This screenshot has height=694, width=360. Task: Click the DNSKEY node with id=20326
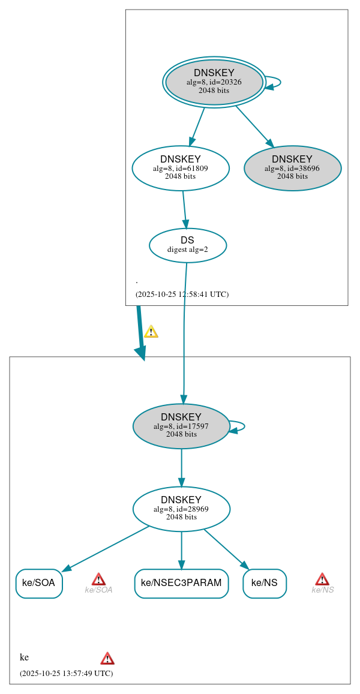point(214,82)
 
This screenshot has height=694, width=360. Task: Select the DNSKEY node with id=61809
point(181,168)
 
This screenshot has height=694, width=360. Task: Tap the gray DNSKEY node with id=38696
point(292,168)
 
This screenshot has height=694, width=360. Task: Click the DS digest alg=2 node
point(188,245)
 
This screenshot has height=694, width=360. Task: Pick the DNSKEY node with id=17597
point(181,426)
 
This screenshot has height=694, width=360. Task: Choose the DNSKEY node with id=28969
point(181,509)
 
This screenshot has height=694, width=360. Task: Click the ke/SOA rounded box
point(39,583)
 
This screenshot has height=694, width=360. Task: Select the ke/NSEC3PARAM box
point(181,583)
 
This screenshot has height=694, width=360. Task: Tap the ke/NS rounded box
point(265,583)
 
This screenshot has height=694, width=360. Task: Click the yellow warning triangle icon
point(151,332)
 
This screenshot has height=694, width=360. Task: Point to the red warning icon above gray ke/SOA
point(98,579)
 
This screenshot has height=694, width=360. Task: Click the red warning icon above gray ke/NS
point(322,579)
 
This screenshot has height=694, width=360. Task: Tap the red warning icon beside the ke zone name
point(107,658)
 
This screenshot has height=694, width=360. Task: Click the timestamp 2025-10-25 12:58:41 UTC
point(182,294)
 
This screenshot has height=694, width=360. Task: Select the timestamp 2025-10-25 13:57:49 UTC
point(66,673)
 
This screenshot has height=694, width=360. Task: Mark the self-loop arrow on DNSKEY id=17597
point(242,426)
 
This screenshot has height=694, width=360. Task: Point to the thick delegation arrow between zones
point(140,333)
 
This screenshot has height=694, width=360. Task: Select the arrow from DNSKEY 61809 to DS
point(184,209)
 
